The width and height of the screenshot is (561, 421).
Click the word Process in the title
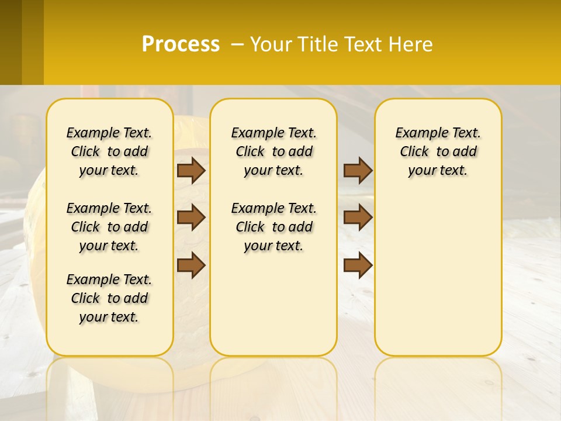(181, 44)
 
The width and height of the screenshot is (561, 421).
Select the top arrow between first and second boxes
(191, 170)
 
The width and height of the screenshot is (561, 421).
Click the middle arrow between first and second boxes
(191, 218)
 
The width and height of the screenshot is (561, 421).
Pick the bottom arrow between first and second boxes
(191, 264)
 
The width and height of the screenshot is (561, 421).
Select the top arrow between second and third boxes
(358, 170)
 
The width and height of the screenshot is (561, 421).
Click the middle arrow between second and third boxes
(358, 218)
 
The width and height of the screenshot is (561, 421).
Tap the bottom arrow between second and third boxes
(358, 264)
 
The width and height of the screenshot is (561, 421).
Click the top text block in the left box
(109, 151)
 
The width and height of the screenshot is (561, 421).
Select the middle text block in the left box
(109, 227)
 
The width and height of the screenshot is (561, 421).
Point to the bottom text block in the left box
(109, 298)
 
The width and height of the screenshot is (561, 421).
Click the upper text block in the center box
(273, 151)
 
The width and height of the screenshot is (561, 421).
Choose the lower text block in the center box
(273, 227)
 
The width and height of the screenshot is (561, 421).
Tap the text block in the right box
(438, 151)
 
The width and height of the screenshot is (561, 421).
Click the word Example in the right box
(415, 133)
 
